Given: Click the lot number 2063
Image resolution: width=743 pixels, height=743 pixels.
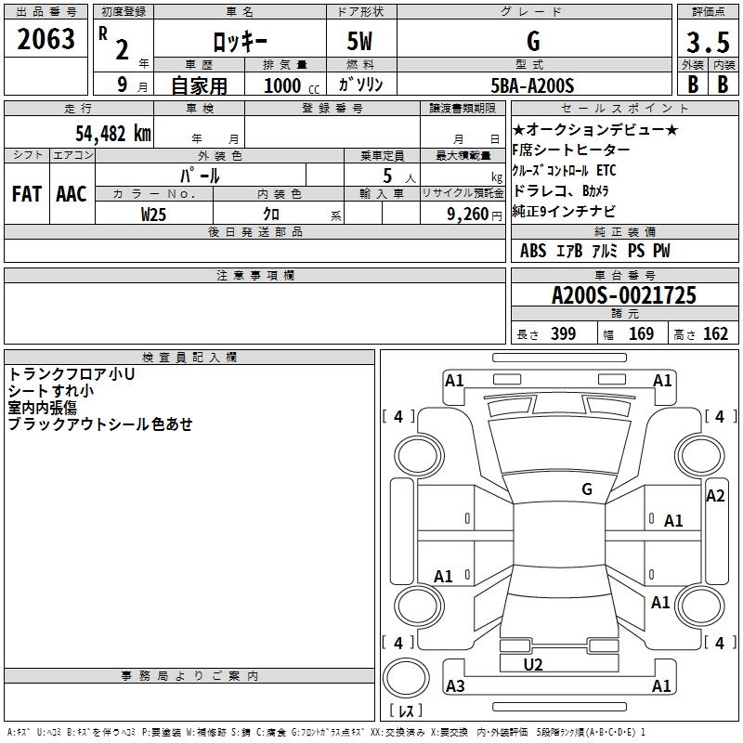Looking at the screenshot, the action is (46, 39).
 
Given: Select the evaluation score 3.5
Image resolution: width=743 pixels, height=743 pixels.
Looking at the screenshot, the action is (707, 43).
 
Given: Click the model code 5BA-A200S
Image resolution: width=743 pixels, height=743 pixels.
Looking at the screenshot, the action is (533, 85).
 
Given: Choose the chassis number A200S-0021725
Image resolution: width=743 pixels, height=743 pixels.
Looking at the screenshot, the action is (623, 296).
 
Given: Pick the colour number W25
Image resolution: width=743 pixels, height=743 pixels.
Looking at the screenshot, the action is (154, 214).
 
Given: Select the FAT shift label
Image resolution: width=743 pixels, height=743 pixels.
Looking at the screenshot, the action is (27, 194).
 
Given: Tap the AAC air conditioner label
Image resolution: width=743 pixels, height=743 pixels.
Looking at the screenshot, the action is (71, 194).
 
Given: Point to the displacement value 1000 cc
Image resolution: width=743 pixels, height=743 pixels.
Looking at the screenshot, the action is (283, 85).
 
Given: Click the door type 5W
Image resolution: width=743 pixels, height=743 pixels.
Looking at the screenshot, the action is (360, 43).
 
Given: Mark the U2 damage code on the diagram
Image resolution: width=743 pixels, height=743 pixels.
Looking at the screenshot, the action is (533, 665).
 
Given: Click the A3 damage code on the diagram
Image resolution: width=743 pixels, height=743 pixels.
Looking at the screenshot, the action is (455, 686).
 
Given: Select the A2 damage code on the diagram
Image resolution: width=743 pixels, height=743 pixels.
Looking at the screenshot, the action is (715, 496).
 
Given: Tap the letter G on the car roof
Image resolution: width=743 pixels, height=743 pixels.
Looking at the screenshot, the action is (587, 489).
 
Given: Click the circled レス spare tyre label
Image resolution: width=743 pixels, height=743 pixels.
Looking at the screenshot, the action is (405, 710).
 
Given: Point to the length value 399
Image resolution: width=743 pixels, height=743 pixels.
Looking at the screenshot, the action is (561, 334).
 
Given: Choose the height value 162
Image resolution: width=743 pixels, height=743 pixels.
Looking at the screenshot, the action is (715, 334).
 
